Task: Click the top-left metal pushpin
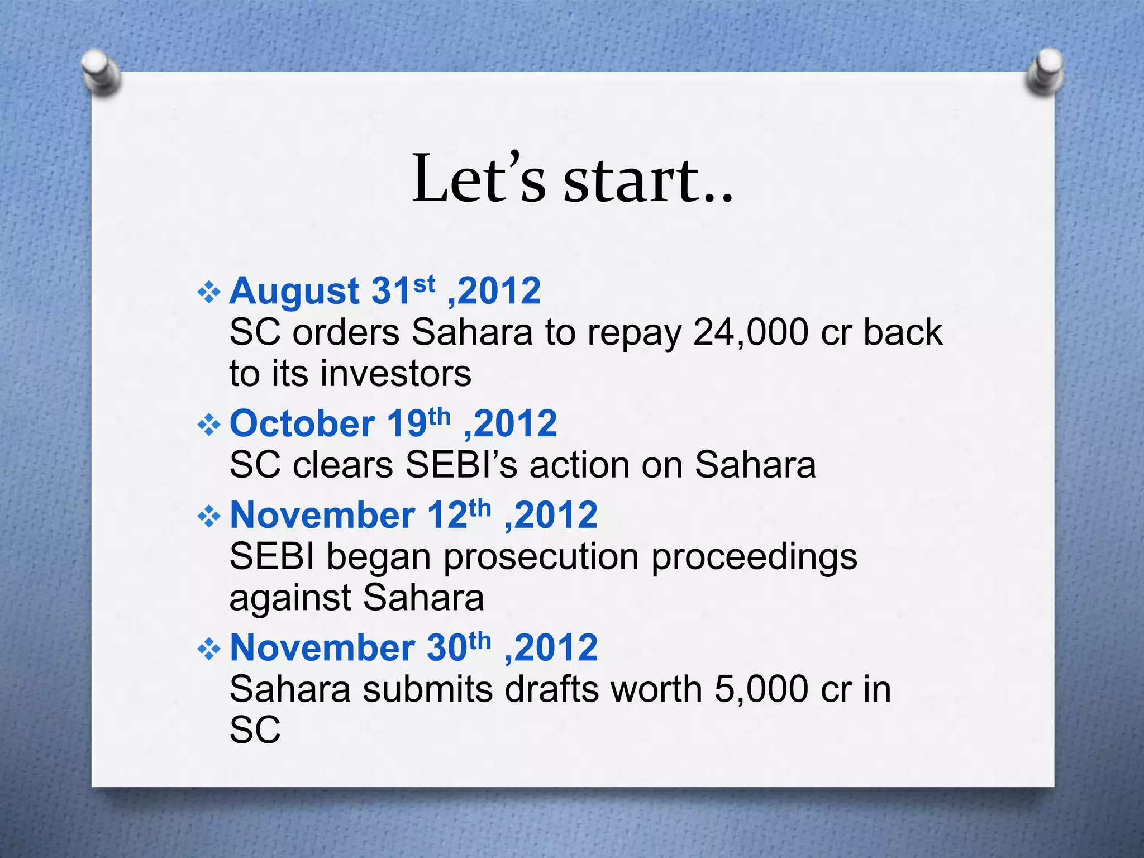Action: click(x=101, y=72)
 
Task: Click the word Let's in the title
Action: click(x=478, y=179)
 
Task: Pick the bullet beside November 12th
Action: click(x=209, y=517)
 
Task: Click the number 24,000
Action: click(x=751, y=333)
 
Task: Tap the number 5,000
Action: click(x=762, y=689)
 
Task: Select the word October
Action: click(x=302, y=424)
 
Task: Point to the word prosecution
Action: click(x=541, y=557)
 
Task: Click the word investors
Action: click(x=396, y=374)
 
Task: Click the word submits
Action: click(x=428, y=689)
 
